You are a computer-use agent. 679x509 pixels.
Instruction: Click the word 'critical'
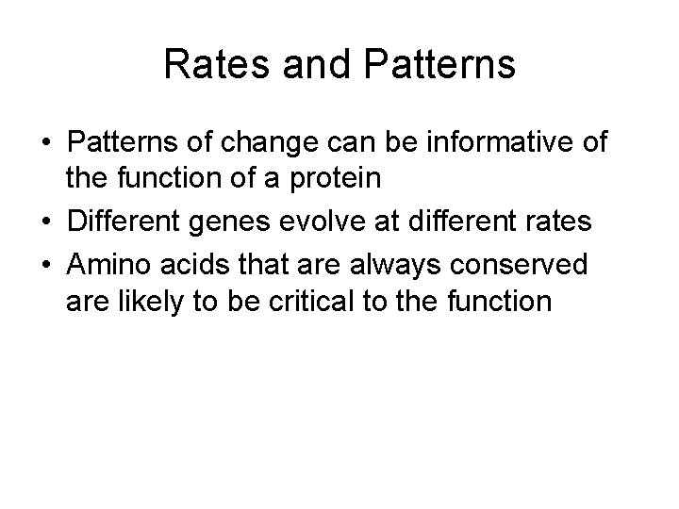point(313,302)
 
